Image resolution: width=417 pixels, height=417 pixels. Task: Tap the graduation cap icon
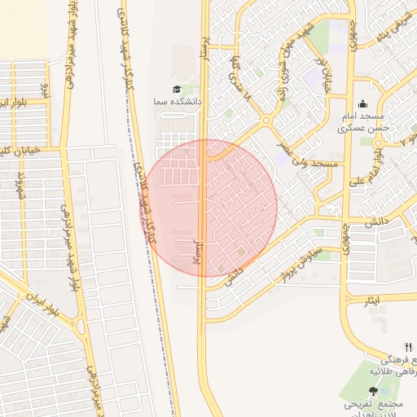pos(178,89)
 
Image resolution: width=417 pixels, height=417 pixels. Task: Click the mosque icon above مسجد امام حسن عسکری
pos(362,104)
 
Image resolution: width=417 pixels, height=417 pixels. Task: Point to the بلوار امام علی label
pos(377,155)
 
